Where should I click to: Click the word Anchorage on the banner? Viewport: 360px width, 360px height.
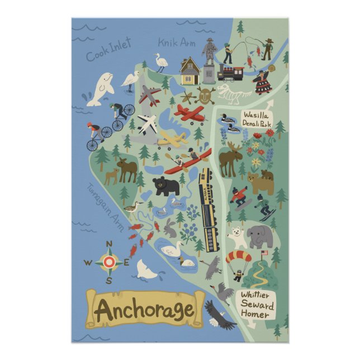tap(144, 309)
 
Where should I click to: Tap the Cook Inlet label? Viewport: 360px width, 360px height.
tap(108, 49)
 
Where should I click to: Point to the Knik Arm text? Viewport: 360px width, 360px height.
tap(175, 42)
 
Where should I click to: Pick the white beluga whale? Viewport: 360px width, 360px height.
tap(101, 89)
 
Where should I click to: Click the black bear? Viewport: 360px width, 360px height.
tap(167, 186)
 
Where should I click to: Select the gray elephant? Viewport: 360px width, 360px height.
tap(260, 236)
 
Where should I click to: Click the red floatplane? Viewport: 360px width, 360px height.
tap(190, 113)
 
